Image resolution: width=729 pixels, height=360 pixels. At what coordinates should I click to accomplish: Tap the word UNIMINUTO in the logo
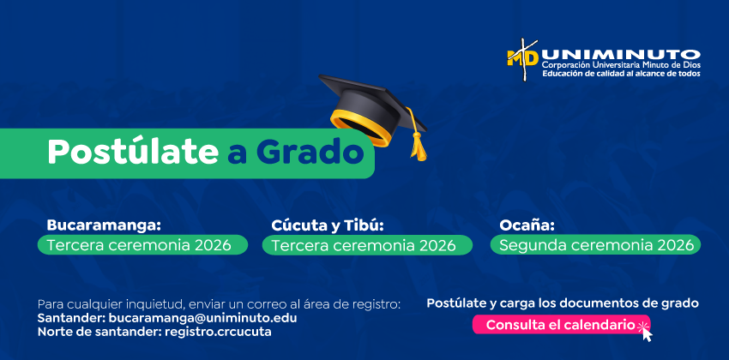click(x=621, y=55)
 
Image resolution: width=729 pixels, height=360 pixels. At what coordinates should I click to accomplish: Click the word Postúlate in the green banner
click(x=133, y=152)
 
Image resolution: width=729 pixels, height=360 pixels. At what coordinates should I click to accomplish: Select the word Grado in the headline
click(x=310, y=152)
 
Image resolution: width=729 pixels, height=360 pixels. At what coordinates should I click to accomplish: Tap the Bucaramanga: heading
click(x=104, y=225)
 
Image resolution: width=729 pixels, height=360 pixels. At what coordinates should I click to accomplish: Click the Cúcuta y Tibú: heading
click(x=328, y=225)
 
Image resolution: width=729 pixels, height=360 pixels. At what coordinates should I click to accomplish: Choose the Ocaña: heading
click(x=527, y=225)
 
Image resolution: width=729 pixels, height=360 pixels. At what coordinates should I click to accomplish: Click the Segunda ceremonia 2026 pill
click(x=595, y=245)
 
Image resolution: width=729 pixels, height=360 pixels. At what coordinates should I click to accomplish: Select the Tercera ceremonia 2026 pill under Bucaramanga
click(x=142, y=245)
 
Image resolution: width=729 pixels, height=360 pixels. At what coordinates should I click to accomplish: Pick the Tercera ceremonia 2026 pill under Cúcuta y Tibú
click(x=367, y=245)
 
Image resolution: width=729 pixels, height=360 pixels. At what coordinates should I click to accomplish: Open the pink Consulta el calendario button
click(x=562, y=325)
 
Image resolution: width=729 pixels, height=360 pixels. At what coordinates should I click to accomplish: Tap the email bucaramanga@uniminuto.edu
click(x=202, y=319)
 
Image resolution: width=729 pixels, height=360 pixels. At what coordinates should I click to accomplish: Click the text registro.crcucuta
click(x=218, y=333)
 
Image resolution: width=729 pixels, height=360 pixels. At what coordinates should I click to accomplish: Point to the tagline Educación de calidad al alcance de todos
click(x=621, y=74)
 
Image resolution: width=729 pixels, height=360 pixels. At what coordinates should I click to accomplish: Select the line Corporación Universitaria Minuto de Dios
click(x=621, y=65)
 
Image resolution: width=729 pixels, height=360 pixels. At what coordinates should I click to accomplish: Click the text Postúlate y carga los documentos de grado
click(x=563, y=303)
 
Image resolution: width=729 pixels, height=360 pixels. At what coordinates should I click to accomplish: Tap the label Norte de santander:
click(x=99, y=333)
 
